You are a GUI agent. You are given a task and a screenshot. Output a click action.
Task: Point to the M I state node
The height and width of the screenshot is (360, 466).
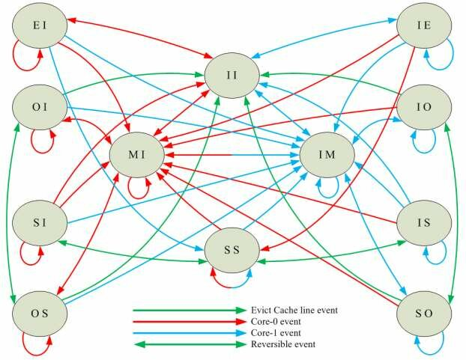tap(136, 156)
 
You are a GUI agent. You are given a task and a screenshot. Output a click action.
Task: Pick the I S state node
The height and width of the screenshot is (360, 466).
tap(423, 222)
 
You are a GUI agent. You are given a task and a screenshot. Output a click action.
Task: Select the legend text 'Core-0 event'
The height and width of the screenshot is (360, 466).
tap(276, 321)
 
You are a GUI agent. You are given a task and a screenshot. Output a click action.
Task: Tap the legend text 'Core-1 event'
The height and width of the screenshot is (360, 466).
tap(276, 332)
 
